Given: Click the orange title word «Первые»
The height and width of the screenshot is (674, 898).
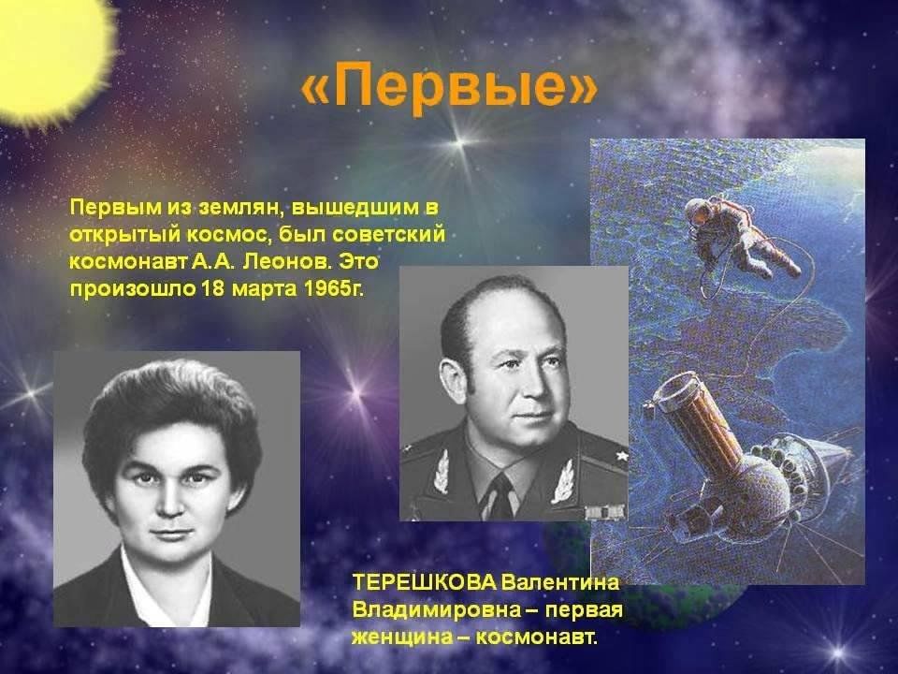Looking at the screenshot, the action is tap(448, 87).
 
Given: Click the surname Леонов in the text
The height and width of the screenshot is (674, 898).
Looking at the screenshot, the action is tap(287, 261).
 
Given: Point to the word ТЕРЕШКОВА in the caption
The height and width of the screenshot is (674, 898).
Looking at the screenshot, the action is tap(425, 583).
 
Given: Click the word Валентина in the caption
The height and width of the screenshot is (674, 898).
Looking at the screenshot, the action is tap(560, 583).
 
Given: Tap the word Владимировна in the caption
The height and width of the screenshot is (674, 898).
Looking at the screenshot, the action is tap(436, 609).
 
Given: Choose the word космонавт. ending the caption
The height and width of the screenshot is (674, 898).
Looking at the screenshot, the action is tap(537, 637).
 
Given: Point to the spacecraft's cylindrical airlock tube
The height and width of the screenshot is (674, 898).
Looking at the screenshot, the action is tap(698, 418).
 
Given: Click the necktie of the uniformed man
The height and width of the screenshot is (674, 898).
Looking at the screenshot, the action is tap(500, 497).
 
